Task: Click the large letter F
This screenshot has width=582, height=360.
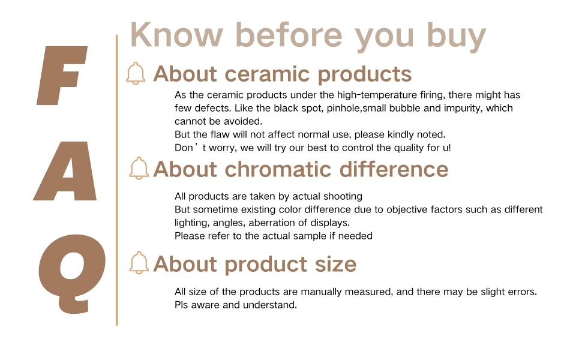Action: point(59,76)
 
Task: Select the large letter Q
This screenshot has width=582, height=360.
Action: point(72,274)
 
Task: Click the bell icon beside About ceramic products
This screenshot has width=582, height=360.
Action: point(136,73)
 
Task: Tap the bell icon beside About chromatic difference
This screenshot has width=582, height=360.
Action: point(139,168)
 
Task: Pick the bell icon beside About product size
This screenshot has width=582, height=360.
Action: point(139,263)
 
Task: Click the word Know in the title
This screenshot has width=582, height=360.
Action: point(176,35)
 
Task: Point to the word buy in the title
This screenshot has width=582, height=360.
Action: point(456,37)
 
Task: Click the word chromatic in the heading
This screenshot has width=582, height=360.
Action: point(278,169)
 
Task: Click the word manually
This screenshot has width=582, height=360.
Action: point(322,292)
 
